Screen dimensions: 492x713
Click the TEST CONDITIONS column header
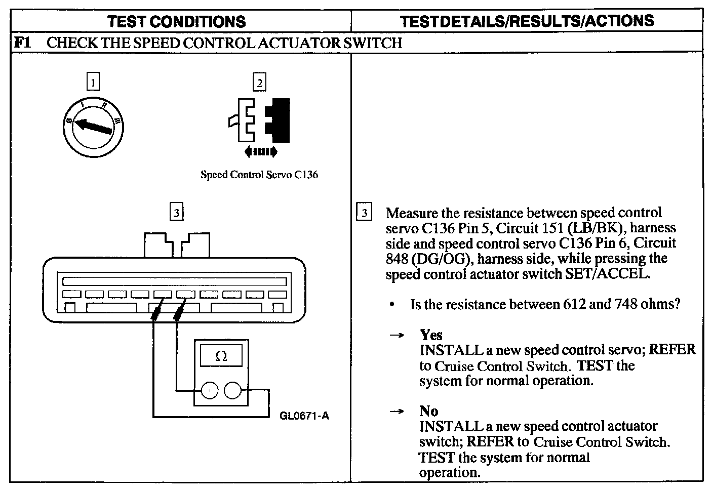coord(177,22)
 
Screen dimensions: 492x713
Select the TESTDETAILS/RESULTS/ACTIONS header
coord(527,21)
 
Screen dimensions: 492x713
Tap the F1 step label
coord(23,43)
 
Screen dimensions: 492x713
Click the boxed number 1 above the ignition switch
coord(93,82)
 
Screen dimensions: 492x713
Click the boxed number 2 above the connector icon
coord(259,82)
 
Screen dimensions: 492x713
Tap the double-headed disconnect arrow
coord(260,151)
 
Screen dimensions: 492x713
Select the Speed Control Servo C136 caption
coord(259,175)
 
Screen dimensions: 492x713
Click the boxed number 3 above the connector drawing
coord(176,213)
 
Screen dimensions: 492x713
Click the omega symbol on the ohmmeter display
coord(221,356)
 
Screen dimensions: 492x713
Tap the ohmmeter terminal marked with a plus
coord(209,390)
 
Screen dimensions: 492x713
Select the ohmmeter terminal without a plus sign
coord(232,390)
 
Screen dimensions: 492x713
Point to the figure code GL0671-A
coord(304,416)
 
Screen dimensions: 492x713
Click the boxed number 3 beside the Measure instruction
coord(364,213)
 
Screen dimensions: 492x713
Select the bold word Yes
coord(431,335)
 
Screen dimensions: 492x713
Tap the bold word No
coord(428,411)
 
